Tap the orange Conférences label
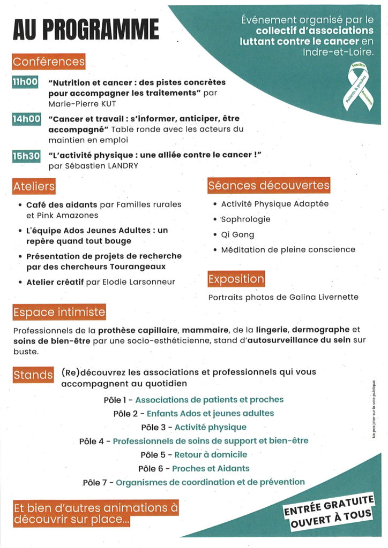49,62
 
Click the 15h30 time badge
26,156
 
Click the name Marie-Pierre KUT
82,103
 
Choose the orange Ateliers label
34,187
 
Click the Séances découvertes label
268,186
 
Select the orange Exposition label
236,279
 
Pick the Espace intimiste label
59,311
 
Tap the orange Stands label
33,375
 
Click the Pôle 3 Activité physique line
193,427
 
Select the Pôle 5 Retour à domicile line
193,455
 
